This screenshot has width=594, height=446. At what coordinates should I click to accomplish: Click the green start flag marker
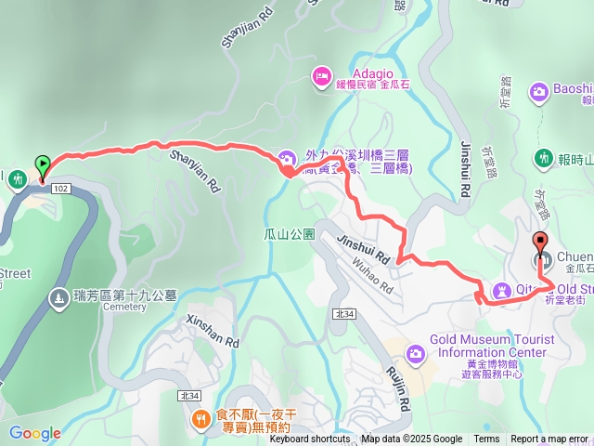[x=42, y=165]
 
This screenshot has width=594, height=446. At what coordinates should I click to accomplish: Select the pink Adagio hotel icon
[x=322, y=76]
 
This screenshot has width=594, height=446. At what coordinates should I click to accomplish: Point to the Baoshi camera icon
[x=538, y=92]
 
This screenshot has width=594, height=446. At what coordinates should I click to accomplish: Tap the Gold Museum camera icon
[x=415, y=352]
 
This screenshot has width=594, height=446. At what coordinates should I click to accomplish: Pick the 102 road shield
[x=61, y=189]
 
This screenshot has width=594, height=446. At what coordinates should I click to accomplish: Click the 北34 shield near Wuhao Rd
[x=343, y=315]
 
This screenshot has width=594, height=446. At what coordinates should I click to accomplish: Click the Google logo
[x=34, y=433]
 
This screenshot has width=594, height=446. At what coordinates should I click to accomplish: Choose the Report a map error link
[x=549, y=439]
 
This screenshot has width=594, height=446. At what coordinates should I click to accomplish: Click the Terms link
[x=486, y=439]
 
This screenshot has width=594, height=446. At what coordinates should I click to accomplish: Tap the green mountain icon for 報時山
[x=542, y=159]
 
